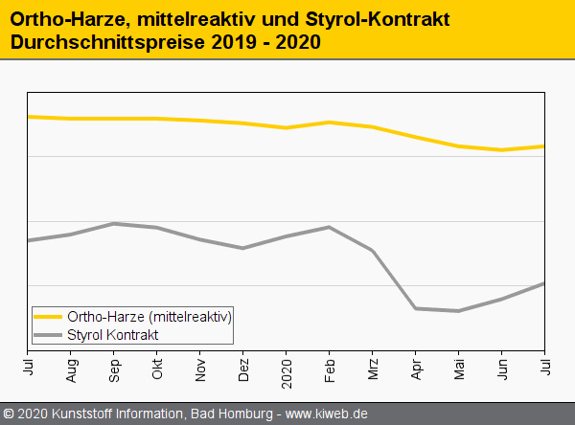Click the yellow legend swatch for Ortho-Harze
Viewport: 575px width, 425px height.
[48, 317]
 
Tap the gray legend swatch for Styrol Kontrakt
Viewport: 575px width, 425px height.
[48, 335]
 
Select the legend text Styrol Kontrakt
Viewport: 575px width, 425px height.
[112, 335]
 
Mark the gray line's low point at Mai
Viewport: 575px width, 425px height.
[459, 310]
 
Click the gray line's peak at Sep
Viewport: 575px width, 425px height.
[114, 223]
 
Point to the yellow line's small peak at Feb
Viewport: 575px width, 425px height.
[330, 122]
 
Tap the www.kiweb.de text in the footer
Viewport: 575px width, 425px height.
[327, 414]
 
